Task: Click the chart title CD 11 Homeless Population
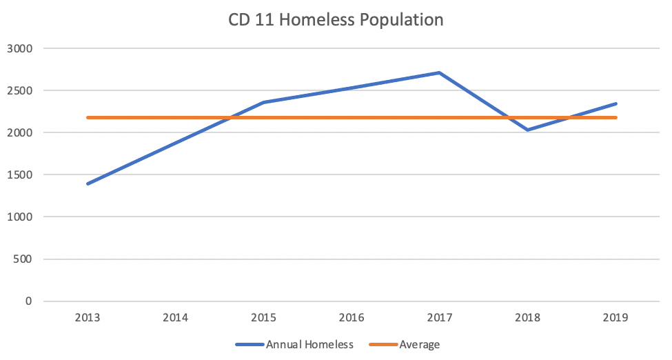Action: pos(336,20)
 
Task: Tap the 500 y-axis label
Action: pos(24,259)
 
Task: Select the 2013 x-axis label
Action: pos(88,319)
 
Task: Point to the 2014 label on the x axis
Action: pos(176,319)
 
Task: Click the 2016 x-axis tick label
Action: pos(352,319)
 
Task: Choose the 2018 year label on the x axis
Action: pos(527,319)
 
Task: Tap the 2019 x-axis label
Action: pos(615,319)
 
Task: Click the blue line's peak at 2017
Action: pos(439,72)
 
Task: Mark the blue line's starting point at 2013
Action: pos(88,184)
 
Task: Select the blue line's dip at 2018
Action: pos(527,130)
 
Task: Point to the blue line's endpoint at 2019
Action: pos(615,104)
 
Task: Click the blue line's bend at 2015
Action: pos(264,103)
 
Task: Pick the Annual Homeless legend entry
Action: pos(295,344)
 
